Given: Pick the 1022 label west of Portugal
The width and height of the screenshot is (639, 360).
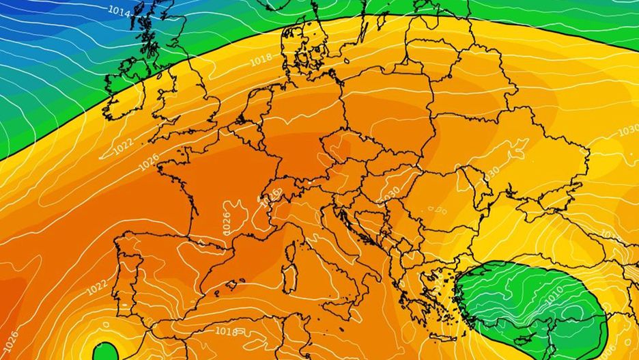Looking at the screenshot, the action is point(96,288).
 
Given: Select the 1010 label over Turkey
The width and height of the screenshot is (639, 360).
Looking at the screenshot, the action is point(554,293).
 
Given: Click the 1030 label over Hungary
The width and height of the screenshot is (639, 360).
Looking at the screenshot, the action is point(390,193).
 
